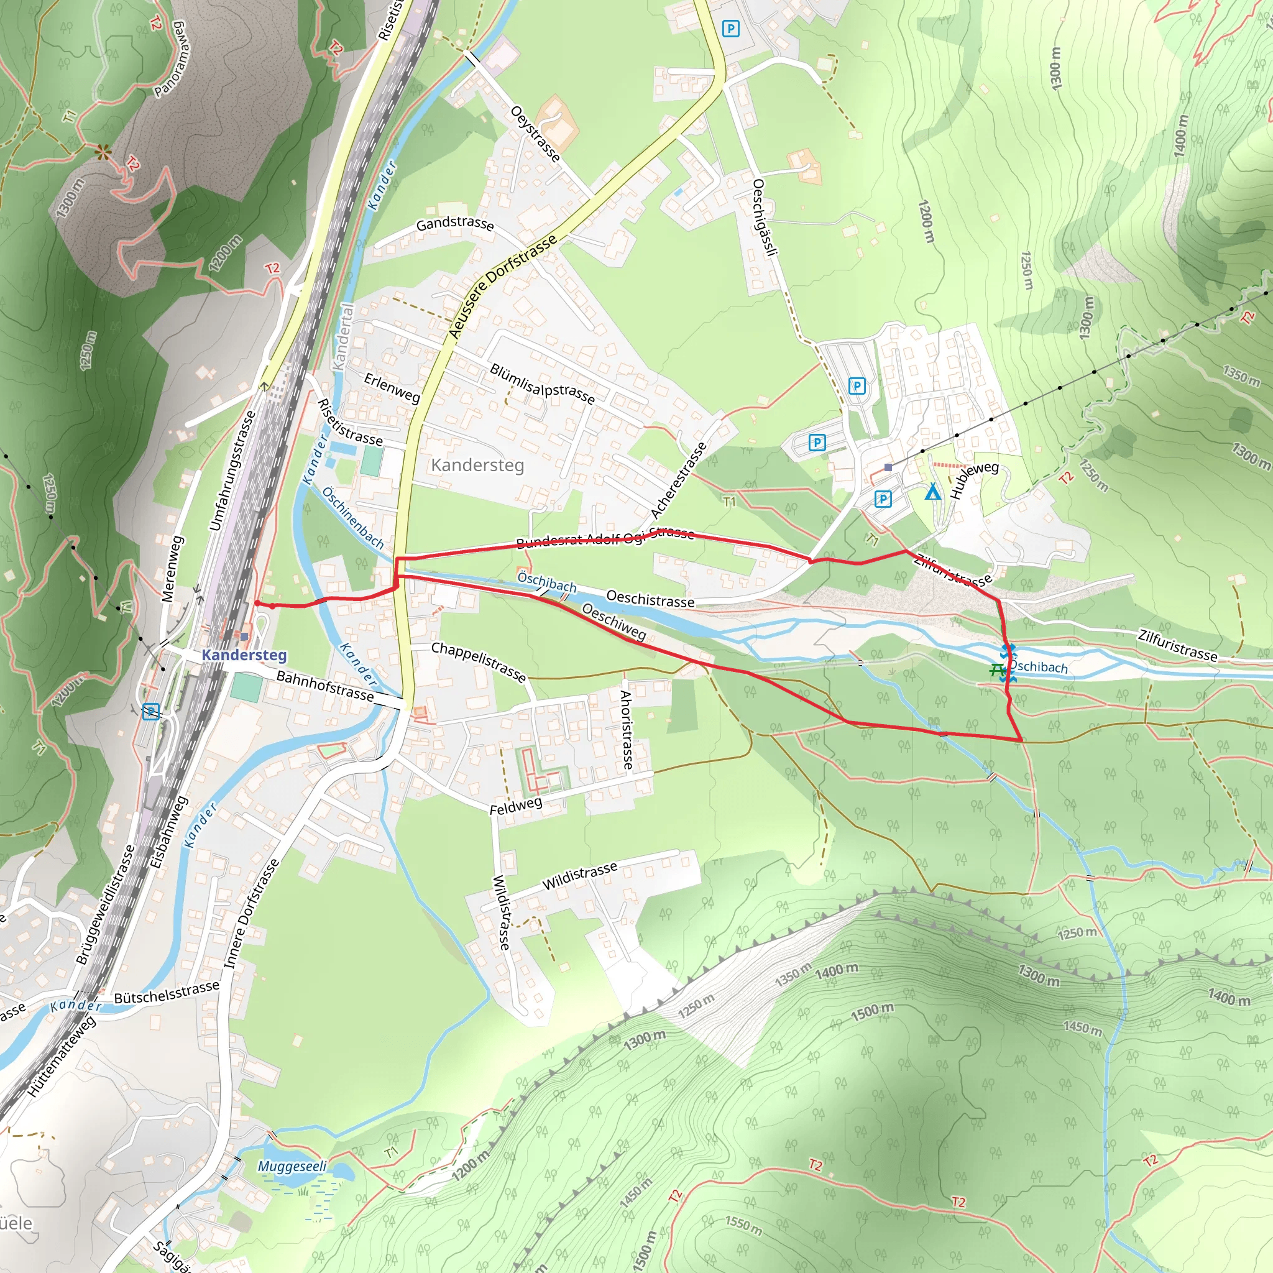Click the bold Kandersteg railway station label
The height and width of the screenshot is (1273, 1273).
(x=244, y=655)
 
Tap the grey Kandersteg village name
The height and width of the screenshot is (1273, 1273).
(x=478, y=465)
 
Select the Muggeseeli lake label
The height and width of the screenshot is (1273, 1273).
(x=292, y=1166)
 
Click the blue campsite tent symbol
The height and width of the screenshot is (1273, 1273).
(x=932, y=492)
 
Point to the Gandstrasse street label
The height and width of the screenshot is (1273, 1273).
(x=454, y=224)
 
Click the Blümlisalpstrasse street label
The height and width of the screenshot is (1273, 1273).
(x=542, y=384)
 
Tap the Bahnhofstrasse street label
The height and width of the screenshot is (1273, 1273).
(x=325, y=686)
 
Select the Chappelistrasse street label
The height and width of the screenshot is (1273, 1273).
(x=479, y=661)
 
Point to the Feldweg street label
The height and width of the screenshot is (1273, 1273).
(x=516, y=805)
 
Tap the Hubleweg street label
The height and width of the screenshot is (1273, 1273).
(x=974, y=480)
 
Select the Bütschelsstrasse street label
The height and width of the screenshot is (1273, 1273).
(x=167, y=993)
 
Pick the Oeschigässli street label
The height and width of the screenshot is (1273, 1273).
(x=766, y=217)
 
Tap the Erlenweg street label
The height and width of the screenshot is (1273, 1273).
(x=392, y=387)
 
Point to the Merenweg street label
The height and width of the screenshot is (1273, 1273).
(x=172, y=569)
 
